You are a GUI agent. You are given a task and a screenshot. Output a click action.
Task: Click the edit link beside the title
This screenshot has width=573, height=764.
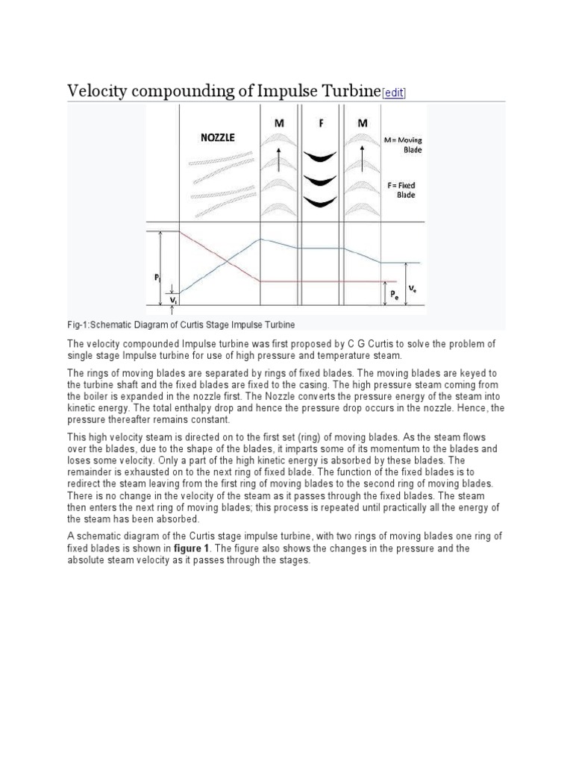pyautogui.click(x=394, y=93)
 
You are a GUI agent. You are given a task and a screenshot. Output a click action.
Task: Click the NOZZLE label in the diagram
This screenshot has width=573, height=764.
pyautogui.click(x=218, y=137)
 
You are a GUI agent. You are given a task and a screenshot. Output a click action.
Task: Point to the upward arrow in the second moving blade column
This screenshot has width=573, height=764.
pyautogui.click(x=363, y=159)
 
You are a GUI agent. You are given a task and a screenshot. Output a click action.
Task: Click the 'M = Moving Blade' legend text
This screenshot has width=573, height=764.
pyautogui.click(x=404, y=145)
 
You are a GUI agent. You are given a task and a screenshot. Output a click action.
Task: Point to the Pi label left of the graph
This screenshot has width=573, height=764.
pyautogui.click(x=157, y=278)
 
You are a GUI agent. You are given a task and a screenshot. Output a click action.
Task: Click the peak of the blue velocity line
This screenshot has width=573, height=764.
pyautogui.click(x=260, y=239)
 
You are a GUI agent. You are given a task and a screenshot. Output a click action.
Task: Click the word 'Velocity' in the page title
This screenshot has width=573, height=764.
pyautogui.click(x=98, y=90)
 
